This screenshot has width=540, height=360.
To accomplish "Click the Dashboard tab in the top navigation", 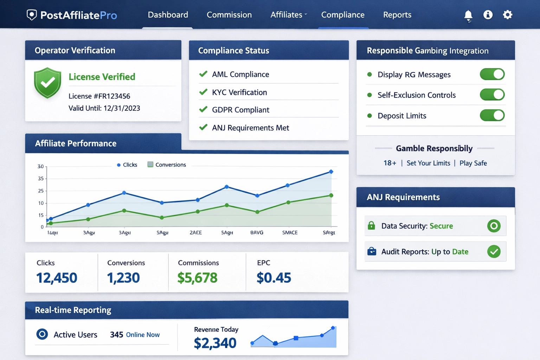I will pyautogui.click(x=168, y=15).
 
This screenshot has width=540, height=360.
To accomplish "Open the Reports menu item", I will pyautogui.click(x=397, y=15).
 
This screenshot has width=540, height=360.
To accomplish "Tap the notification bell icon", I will pyautogui.click(x=468, y=15).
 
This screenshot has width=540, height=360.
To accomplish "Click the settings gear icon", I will pyautogui.click(x=507, y=15).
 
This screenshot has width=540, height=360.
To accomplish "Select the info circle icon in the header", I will pyautogui.click(x=488, y=15).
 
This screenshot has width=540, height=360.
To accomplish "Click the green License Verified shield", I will pyautogui.click(x=47, y=83).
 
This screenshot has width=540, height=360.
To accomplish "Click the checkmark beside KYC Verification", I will pyautogui.click(x=203, y=92).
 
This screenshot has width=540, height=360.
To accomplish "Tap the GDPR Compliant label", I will pyautogui.click(x=240, y=110).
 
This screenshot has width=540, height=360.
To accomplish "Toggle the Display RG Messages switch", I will pyautogui.click(x=492, y=74).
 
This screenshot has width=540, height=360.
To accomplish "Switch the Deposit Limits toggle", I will pyautogui.click(x=492, y=115).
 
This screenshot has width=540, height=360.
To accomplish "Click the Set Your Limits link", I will pyautogui.click(x=428, y=163).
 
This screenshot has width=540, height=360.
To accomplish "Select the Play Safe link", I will pyautogui.click(x=473, y=163).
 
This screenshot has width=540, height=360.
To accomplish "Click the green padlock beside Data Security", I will pyautogui.click(x=371, y=226).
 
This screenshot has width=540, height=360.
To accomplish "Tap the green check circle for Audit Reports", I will pyautogui.click(x=494, y=251).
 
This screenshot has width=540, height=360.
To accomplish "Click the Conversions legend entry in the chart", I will pyautogui.click(x=167, y=165).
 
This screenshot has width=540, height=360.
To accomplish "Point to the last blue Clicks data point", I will pyautogui.click(x=331, y=172).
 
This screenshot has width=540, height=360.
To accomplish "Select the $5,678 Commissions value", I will pyautogui.click(x=197, y=278).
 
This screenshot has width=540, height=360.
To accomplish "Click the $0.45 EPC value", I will pyautogui.click(x=274, y=278).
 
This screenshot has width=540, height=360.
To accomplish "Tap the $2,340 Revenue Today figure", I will pyautogui.click(x=215, y=343).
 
